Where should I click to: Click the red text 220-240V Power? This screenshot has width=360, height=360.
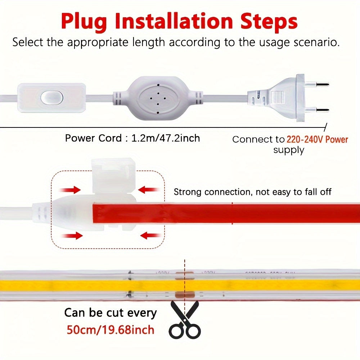pos(317,139)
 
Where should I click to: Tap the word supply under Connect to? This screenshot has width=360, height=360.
pos(288,150)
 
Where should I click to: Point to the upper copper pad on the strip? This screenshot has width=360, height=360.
pos(184,274)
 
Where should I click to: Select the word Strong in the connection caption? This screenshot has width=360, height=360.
pos(188,192)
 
